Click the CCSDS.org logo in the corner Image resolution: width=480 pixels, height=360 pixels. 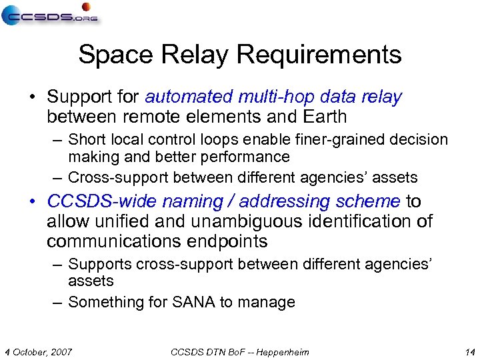coord(50,15)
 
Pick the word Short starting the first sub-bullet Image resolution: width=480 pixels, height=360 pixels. coord(85,140)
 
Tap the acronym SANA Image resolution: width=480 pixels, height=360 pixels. coord(189,302)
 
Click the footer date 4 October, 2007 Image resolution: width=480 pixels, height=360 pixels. coord(38,351)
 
